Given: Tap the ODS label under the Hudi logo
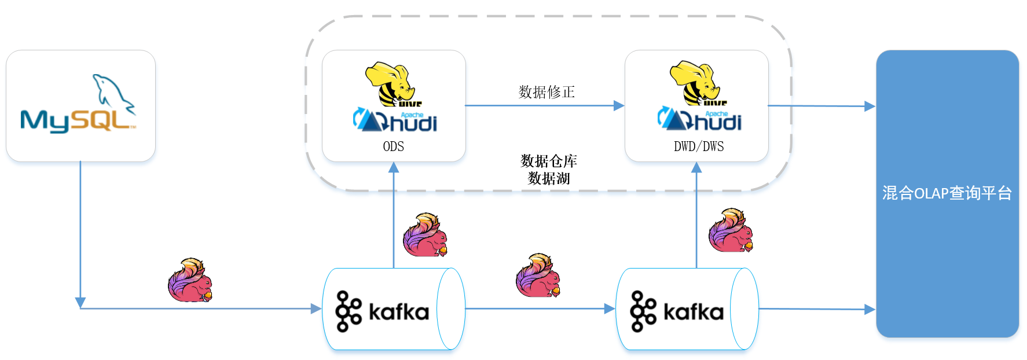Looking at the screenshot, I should pos(394,146).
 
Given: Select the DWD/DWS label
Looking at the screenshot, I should pos(699,146).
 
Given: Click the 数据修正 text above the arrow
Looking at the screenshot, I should pos(546,92).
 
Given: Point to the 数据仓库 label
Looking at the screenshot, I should pos(549,160).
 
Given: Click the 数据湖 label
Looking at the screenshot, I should pos(549,178).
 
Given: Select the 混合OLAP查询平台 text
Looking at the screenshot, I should pos(947,193).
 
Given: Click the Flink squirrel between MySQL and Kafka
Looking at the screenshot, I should pos(190,280).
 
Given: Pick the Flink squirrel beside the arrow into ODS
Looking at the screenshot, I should pos(426,234).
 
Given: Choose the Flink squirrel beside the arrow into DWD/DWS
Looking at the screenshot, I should pos(731,230).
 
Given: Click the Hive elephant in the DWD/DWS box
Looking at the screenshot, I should pos(695,83).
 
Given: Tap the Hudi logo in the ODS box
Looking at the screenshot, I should pos(395,120).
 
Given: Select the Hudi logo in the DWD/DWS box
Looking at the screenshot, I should pos(700,119).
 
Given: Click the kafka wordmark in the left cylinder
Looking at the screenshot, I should pos(398,313).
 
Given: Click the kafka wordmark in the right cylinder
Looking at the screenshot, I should pos(693,313).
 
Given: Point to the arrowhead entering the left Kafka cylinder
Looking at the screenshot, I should pos(316,308).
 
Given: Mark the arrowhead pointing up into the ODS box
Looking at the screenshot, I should pos(394,167).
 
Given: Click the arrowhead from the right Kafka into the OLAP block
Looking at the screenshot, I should pos(870,310).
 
